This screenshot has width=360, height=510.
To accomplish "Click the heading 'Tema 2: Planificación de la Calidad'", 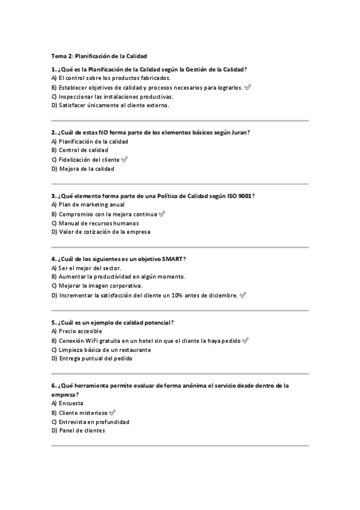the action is (x=99, y=56).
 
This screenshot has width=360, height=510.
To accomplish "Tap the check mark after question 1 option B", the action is (x=248, y=87).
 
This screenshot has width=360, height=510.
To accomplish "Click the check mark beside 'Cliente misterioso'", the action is (x=112, y=413).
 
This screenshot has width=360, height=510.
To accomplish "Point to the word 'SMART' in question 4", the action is (x=172, y=259).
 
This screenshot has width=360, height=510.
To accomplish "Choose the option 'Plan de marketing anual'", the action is (x=91, y=204).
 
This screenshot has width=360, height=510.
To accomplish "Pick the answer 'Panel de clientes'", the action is (x=82, y=431).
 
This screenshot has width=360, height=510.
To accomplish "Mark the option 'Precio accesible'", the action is (x=81, y=331).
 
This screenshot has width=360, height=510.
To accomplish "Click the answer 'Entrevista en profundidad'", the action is (x=94, y=422).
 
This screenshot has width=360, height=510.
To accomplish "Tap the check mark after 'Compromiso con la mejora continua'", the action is (x=162, y=214).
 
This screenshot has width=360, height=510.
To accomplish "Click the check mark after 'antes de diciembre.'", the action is (x=243, y=295).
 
